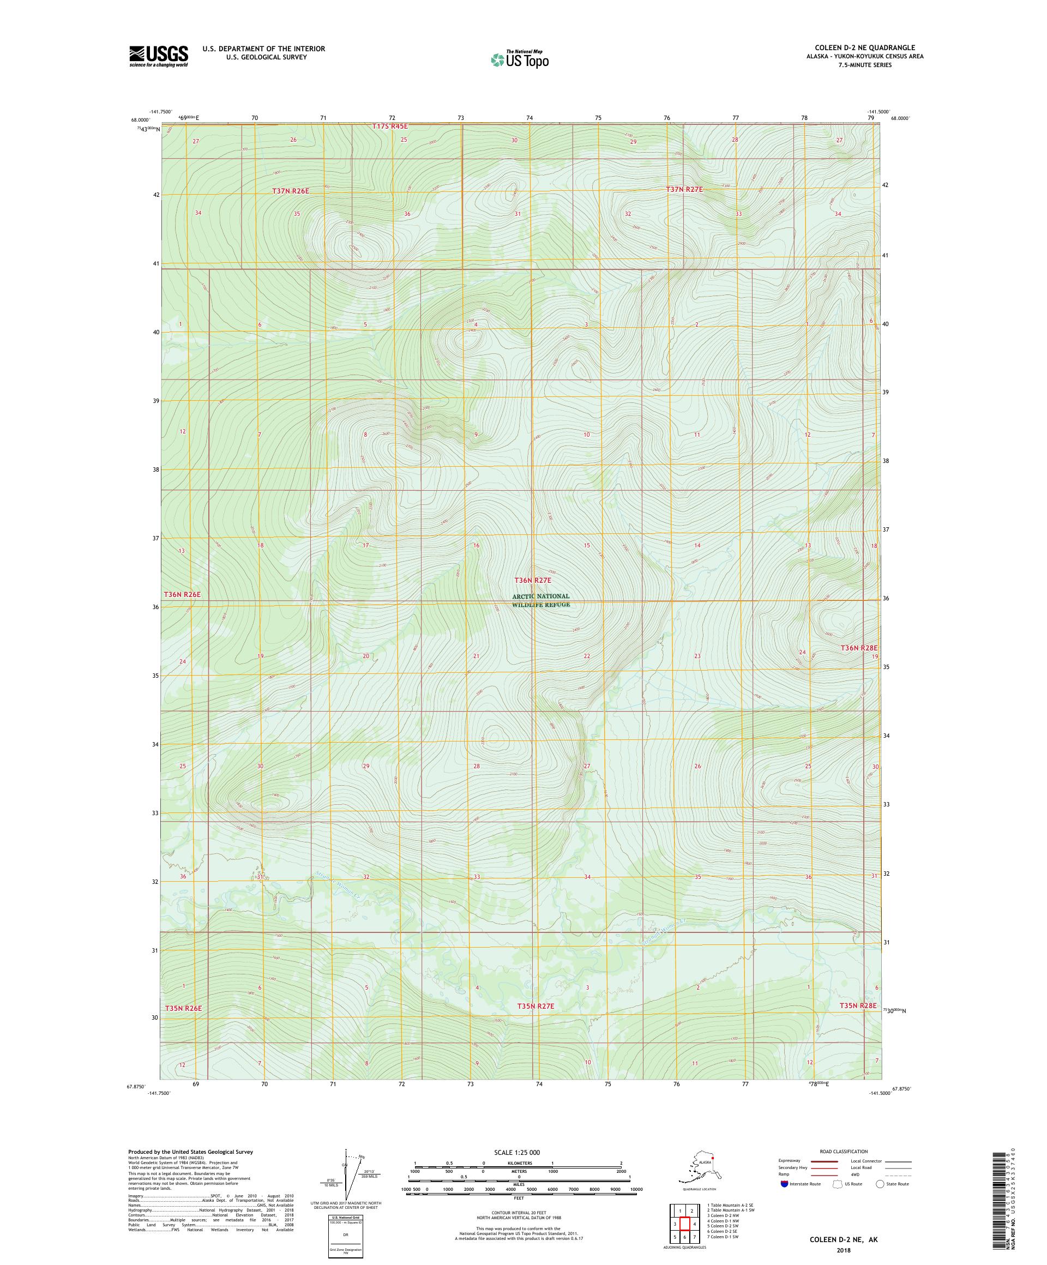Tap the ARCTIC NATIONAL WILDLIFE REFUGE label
[x=540, y=600]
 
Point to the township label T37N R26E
[x=290, y=191]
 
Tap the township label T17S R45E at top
[x=389, y=126]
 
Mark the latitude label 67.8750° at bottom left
[x=136, y=1087]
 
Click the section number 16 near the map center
[x=476, y=545]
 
